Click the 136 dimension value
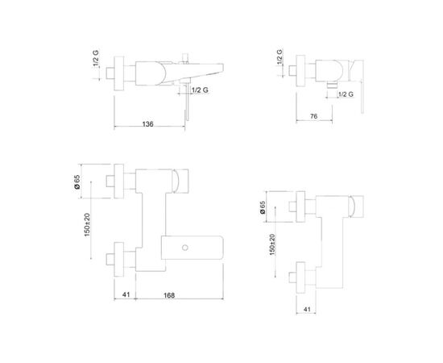(x=147, y=124)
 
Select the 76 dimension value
(x=313, y=116)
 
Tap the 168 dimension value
(x=169, y=295)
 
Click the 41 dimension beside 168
(x=126, y=294)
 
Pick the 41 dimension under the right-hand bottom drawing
(x=307, y=309)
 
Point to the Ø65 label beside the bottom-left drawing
(x=77, y=182)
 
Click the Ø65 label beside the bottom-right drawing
(x=263, y=207)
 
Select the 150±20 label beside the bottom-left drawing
(x=87, y=224)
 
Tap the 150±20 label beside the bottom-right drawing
(x=272, y=244)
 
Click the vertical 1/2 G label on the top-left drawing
(x=96, y=59)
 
